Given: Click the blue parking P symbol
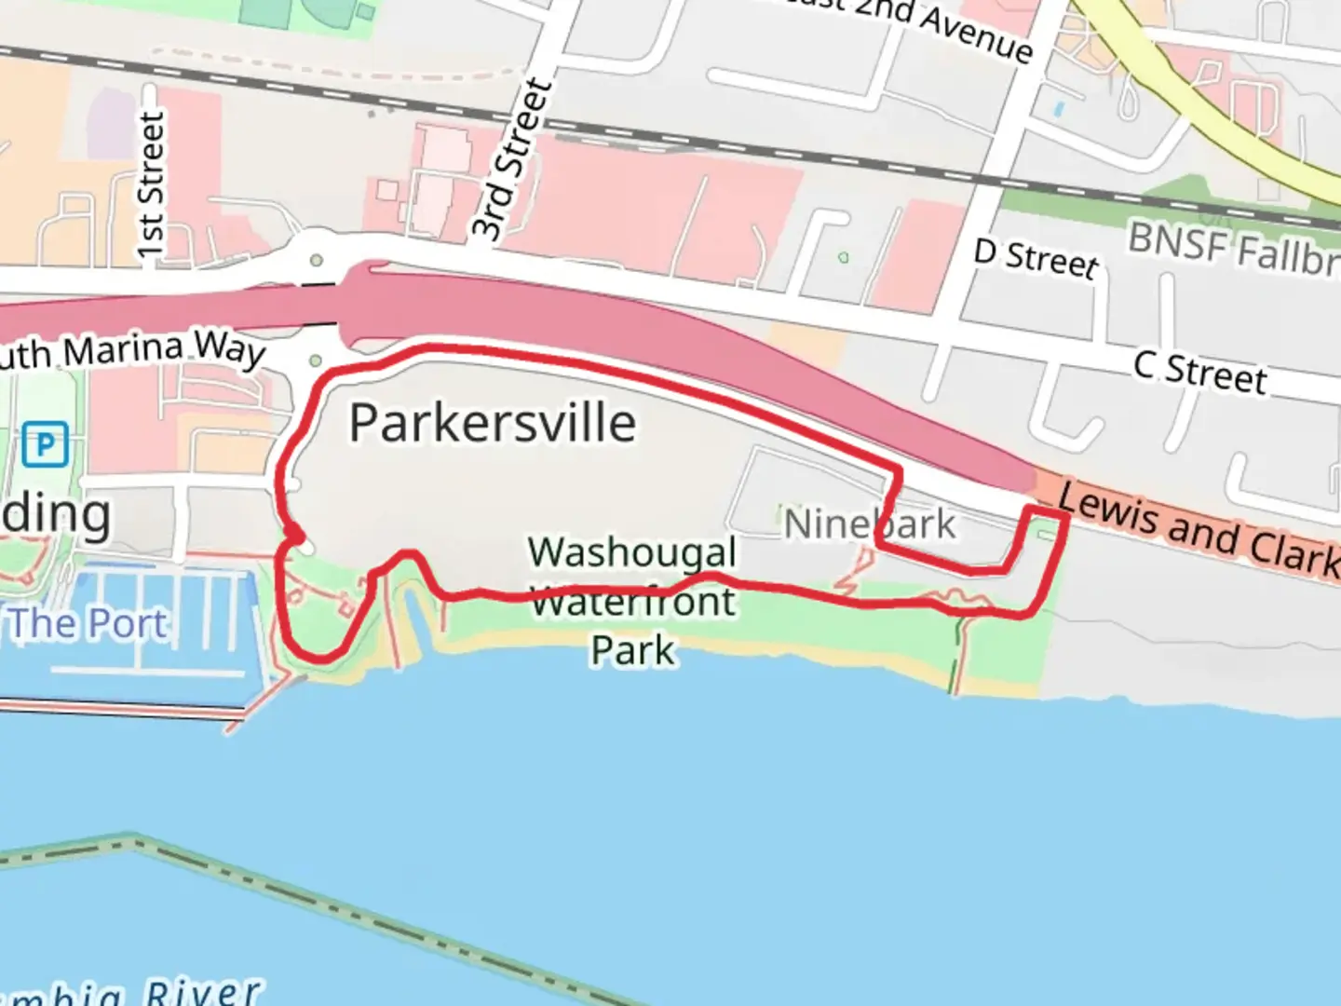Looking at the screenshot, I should coord(45,443).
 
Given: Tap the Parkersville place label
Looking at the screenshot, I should coord(493,424).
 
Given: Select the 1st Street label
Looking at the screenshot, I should coord(151,184).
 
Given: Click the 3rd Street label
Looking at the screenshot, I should coord(510,160).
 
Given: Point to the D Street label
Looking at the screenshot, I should coord(1036,257).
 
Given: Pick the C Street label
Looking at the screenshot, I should coord(1200,371).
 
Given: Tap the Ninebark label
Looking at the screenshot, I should coord(869,524).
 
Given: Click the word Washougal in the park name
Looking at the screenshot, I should coord(632,552).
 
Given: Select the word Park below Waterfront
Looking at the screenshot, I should coord(632,650).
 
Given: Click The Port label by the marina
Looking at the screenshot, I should coord(89,623).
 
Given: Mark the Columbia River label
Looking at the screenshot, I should coord(130,990).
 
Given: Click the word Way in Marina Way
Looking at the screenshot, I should coord(229,348).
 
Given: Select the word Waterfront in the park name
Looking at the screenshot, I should coord(633,602).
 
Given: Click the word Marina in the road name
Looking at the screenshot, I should coord(123,350).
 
